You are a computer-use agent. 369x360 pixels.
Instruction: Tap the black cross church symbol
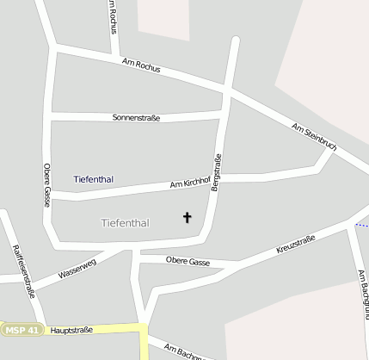click(188, 218)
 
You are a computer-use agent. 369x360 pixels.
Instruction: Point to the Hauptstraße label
click(71, 330)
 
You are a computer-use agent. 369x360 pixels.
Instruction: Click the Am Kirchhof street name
click(190, 183)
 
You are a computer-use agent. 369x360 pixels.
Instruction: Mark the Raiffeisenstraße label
click(24, 270)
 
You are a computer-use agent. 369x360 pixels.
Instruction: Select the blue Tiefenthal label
click(94, 179)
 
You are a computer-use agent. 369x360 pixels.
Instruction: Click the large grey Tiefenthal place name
click(125, 223)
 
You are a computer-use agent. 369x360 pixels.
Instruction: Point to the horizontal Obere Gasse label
click(188, 260)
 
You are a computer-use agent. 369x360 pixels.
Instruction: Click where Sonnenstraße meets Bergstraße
click(225, 112)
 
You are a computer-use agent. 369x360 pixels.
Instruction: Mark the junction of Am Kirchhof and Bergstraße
click(220, 178)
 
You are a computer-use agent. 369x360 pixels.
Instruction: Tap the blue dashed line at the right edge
click(362, 226)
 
